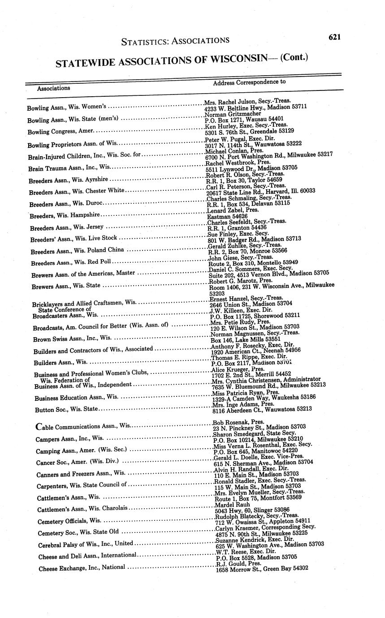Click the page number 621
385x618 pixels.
[x=334, y=37]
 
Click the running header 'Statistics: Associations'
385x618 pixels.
[x=175, y=41]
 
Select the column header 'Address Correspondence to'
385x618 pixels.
[x=249, y=82]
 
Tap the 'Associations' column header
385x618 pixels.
[x=53, y=88]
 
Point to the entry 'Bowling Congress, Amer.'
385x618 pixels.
[x=60, y=131]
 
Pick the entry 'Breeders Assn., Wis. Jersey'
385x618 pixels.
[x=67, y=228]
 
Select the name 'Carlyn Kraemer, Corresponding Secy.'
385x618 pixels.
[x=265, y=528]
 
